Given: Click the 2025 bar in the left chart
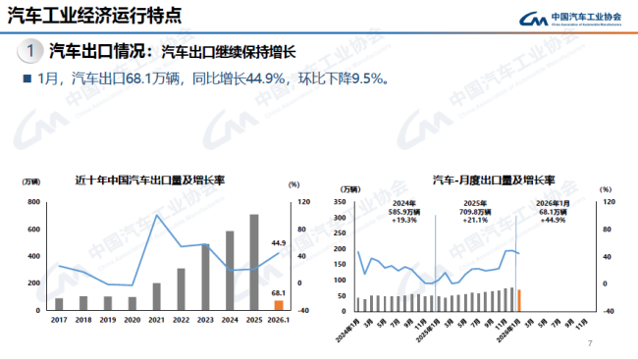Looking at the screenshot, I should pyautogui.click(x=253, y=261).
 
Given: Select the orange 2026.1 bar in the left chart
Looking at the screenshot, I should pyautogui.click(x=278, y=304).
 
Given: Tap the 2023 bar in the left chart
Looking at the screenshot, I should pyautogui.click(x=205, y=276).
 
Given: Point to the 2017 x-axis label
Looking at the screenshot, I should pyautogui.click(x=59, y=320).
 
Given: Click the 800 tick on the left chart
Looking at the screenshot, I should pyautogui.click(x=33, y=202).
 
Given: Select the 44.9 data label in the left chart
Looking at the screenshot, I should pyautogui.click(x=278, y=243).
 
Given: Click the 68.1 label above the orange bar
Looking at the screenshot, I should pyautogui.click(x=279, y=292).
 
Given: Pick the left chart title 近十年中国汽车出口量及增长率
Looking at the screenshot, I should pyautogui.click(x=150, y=180).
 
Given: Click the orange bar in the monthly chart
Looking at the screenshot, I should pyautogui.click(x=519, y=299).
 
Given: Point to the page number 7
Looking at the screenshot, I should pyautogui.click(x=590, y=343).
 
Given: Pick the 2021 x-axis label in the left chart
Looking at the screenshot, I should pyautogui.click(x=157, y=320).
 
